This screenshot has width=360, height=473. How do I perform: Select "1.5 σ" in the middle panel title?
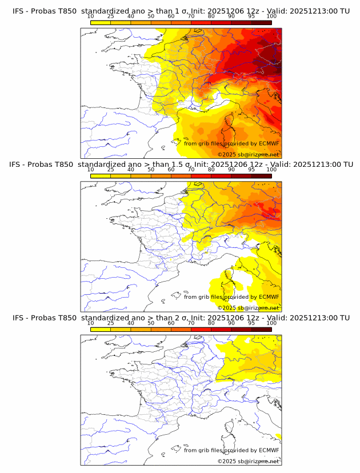pyautogui.click(x=185, y=165)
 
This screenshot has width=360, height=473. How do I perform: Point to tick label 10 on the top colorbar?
pyautogui.click(x=90, y=17)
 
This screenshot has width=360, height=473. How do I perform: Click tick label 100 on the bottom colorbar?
pyautogui.click(x=271, y=323)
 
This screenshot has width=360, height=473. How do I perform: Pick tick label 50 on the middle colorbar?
pyautogui.click(x=151, y=170)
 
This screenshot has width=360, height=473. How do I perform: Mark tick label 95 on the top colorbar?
pyautogui.click(x=251, y=17)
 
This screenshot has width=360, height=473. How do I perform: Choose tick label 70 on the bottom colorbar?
pyautogui.click(x=191, y=323)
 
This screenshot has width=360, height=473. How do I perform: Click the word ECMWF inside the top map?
pyautogui.click(x=269, y=143)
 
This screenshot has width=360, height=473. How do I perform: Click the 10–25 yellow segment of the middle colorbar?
pyautogui.click(x=101, y=175)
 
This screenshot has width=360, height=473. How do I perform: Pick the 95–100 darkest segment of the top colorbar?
pyautogui.click(x=262, y=22)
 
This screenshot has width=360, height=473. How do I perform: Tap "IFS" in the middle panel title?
pyautogui.click(x=18, y=165)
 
